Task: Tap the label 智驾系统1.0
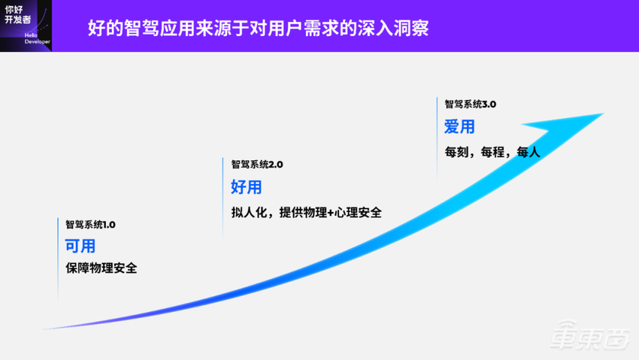click(x=91, y=224)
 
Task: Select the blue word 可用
click(x=80, y=246)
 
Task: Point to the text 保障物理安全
click(x=101, y=268)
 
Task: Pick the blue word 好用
click(x=246, y=187)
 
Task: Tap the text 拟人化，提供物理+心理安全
click(x=307, y=212)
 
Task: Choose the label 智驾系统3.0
click(x=471, y=104)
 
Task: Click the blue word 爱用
click(x=459, y=127)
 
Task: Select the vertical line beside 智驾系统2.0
click(x=224, y=197)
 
